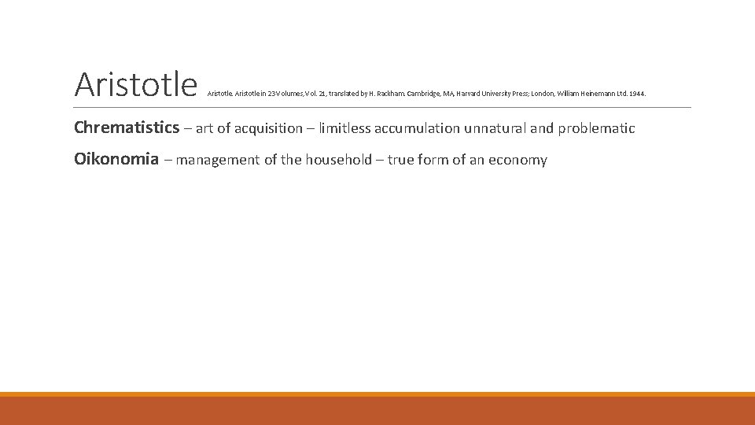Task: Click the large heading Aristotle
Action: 135,83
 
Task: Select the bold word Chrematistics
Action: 127,128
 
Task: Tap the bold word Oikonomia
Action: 116,160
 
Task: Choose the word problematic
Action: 596,128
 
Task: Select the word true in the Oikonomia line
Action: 401,160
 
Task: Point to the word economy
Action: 517,161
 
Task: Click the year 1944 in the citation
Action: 637,94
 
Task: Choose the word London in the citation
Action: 543,94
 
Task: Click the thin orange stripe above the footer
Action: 377,394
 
